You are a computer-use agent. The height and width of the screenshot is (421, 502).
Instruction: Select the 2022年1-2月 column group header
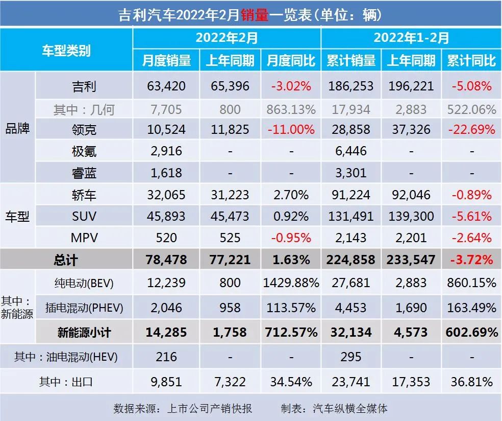(x=411, y=38)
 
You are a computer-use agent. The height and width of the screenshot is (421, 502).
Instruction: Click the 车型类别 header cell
(x=66, y=50)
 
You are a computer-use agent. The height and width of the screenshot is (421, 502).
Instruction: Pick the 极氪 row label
(x=84, y=152)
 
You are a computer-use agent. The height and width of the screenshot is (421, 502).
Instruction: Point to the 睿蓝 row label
(x=84, y=173)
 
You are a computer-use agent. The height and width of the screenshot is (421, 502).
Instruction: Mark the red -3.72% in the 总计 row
(x=471, y=260)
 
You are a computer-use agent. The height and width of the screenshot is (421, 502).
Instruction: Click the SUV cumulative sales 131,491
(x=351, y=216)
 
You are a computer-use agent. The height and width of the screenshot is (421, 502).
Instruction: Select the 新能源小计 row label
(x=84, y=333)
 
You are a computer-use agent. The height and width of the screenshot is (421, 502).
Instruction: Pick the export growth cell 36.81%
(x=471, y=382)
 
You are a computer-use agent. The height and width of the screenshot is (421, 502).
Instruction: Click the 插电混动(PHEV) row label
(x=84, y=308)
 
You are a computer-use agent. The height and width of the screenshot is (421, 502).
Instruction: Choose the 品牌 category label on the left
(x=17, y=128)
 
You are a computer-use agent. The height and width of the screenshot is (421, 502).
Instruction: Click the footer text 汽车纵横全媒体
(x=350, y=409)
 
